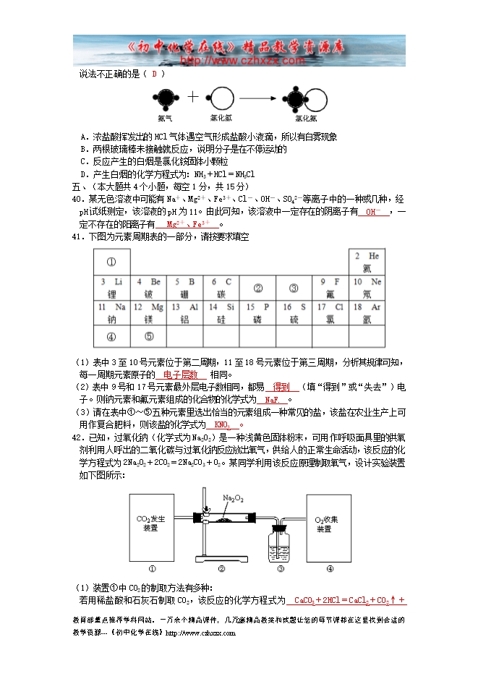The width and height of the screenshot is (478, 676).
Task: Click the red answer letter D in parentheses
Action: (154, 73)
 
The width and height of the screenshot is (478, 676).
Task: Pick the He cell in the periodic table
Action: (366, 261)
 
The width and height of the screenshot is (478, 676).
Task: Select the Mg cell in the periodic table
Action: (148, 312)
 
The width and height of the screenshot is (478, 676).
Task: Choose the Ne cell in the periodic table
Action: (366, 287)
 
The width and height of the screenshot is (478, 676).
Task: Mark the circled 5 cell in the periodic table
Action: (148, 336)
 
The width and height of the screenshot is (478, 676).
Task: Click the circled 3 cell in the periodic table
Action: (294, 288)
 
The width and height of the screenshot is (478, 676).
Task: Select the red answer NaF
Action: (272, 400)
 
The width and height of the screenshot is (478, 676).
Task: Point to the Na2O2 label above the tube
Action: (232, 497)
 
